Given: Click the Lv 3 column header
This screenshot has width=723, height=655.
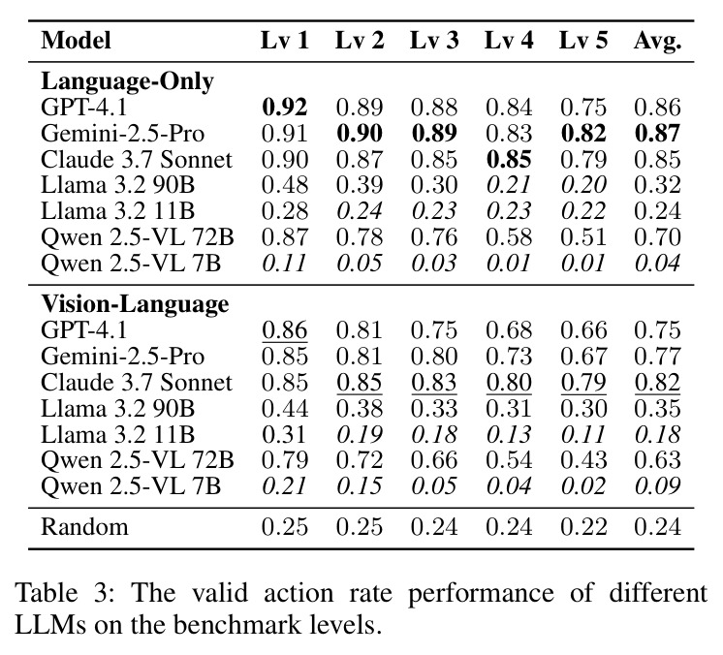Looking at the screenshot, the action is coord(434,41).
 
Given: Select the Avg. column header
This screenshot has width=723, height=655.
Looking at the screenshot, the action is coord(657,42).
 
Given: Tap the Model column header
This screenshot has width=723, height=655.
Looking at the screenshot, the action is coord(77,41).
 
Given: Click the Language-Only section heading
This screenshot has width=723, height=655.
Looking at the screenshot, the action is coord(127,81).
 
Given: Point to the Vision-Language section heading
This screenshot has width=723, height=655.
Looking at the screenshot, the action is coord(135,304).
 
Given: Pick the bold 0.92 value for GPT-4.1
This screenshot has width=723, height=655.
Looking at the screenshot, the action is coord(285,108).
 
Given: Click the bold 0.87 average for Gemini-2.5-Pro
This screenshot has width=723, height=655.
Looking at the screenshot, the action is coord(657,134).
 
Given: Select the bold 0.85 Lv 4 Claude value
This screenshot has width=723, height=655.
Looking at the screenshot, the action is coord(509,160).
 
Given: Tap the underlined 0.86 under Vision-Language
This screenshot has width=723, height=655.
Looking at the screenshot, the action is coord(285,330).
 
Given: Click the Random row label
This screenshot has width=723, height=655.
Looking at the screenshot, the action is coord(84,527).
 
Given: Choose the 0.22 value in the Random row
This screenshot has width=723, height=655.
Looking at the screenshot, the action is coord(583,527).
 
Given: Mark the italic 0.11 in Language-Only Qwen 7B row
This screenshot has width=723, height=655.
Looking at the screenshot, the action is coord(285,264).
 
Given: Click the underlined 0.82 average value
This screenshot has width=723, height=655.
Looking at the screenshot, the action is coord(657,383).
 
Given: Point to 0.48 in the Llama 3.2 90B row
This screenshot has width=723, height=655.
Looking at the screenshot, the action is coord(285,185).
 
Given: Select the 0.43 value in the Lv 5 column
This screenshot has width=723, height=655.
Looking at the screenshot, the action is coord(583,460).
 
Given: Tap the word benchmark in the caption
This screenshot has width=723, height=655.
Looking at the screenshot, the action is coord(243,625).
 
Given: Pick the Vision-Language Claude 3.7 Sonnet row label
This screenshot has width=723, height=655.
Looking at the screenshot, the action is coord(137,383).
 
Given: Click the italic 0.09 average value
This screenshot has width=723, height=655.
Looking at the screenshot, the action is coord(657,486).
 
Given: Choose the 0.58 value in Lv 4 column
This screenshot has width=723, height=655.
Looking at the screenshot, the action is coord(509,237).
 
